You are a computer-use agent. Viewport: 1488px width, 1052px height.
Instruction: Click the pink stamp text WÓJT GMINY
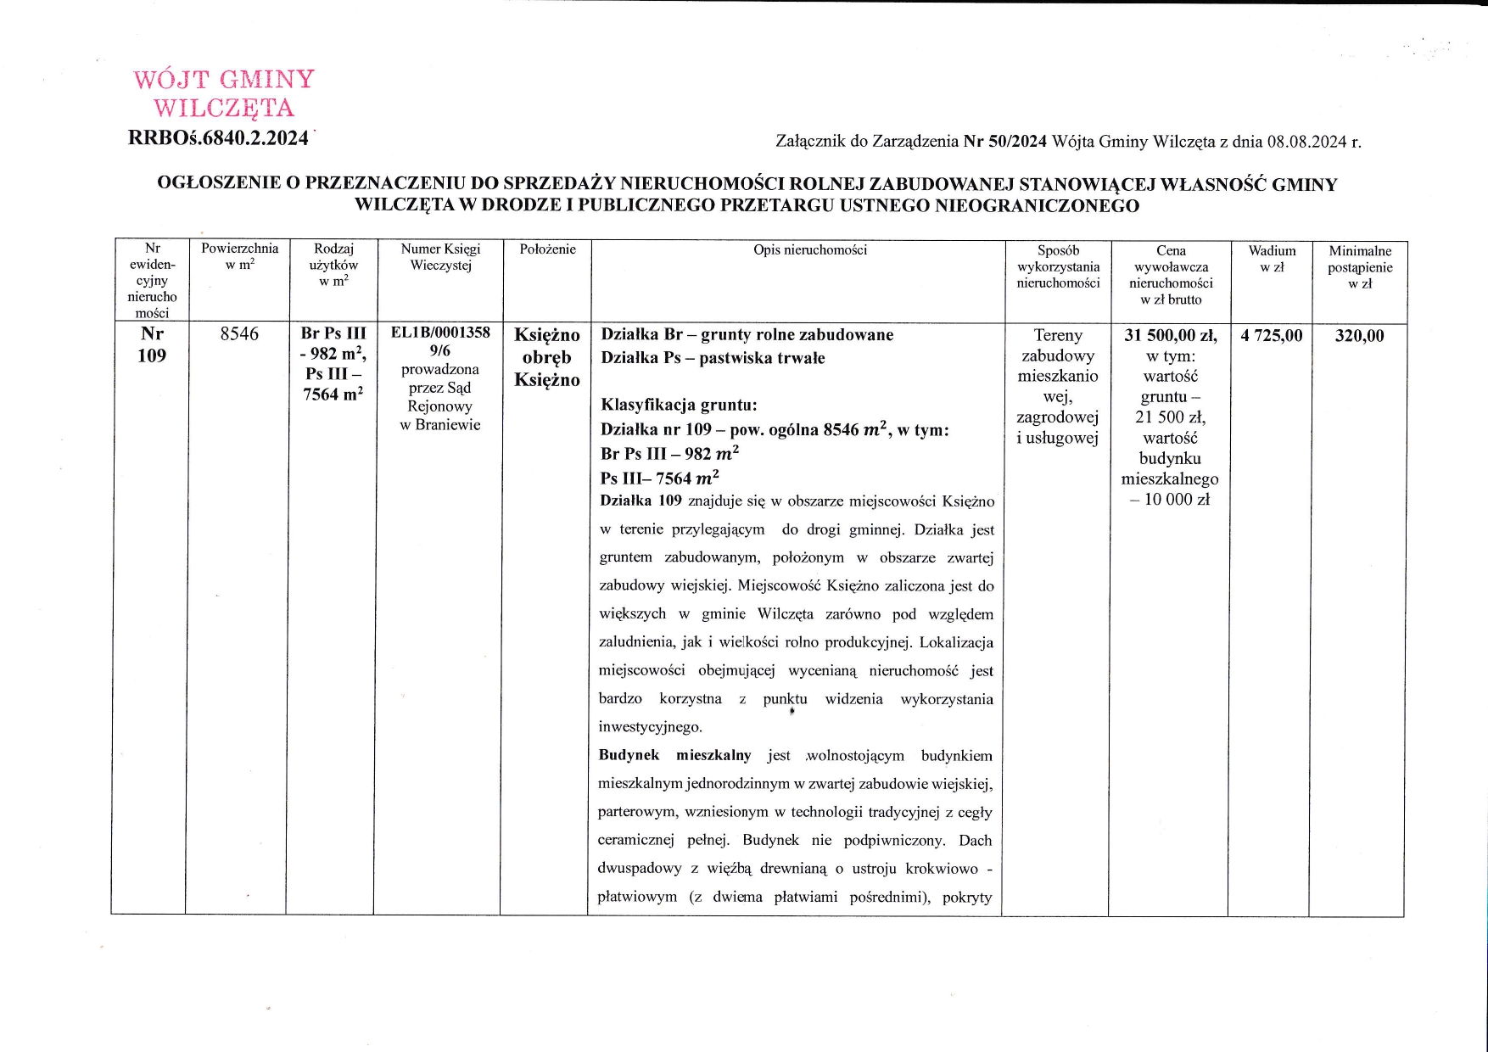224,80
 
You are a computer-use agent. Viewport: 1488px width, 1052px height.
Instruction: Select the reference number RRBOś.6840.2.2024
218,138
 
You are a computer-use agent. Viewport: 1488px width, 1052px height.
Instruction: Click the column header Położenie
547,249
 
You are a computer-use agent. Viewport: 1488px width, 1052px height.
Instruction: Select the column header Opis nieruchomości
810,249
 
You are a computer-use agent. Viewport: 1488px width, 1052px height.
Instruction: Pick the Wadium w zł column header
1272,259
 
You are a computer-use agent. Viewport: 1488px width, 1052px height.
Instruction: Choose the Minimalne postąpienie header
1360,267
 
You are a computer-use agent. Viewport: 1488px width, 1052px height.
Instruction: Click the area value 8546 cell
239,334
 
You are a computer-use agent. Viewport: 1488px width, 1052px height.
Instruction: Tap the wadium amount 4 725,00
1271,336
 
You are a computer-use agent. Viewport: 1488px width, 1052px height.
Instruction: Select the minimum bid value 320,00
1359,336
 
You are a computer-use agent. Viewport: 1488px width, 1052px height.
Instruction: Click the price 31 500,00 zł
1171,336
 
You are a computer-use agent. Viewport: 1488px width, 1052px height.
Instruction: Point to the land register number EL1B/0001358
440,333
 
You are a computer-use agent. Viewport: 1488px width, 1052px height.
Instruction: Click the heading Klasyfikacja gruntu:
679,406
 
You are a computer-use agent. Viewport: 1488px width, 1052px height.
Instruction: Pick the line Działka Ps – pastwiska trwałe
713,358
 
